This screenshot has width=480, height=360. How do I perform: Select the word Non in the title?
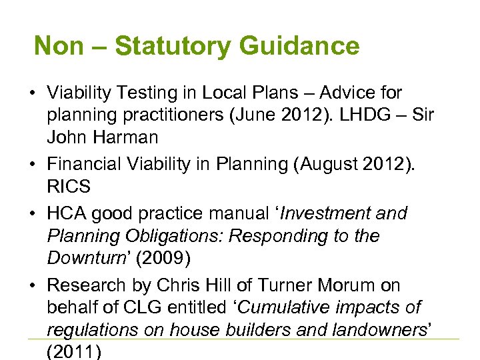59,47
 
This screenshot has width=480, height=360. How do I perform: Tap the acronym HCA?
67,213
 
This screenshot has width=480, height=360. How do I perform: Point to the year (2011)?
74,352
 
